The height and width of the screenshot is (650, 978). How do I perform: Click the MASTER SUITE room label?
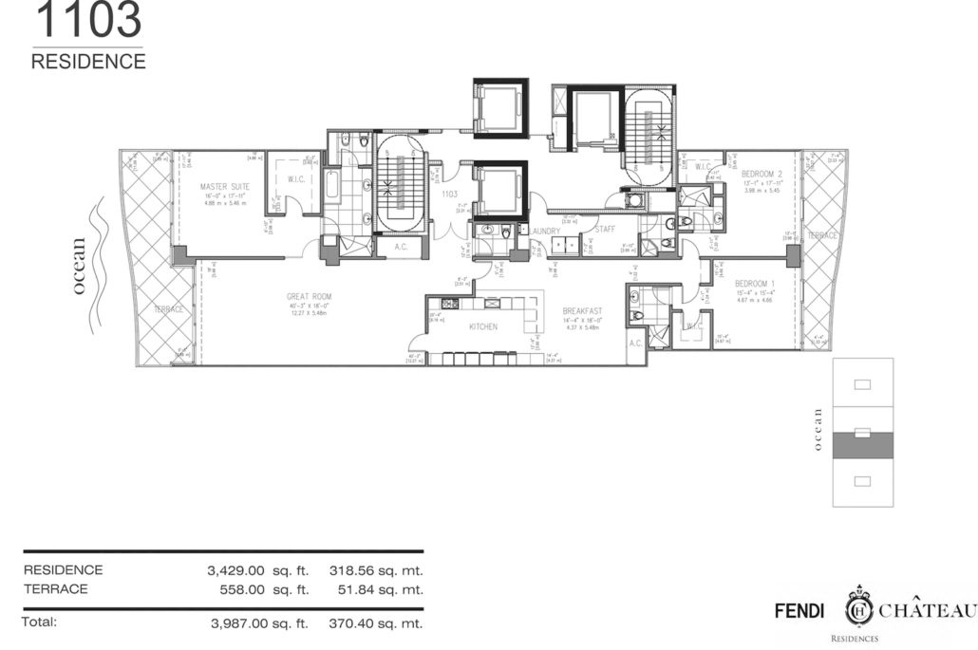(x=224, y=187)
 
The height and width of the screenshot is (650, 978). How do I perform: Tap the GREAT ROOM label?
(x=310, y=297)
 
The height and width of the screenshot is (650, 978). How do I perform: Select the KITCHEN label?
(x=483, y=326)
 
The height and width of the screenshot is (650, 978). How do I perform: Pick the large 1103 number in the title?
(x=87, y=19)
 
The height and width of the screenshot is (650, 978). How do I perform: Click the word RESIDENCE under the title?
(x=88, y=62)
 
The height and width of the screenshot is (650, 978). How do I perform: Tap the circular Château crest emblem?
(x=859, y=607)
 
